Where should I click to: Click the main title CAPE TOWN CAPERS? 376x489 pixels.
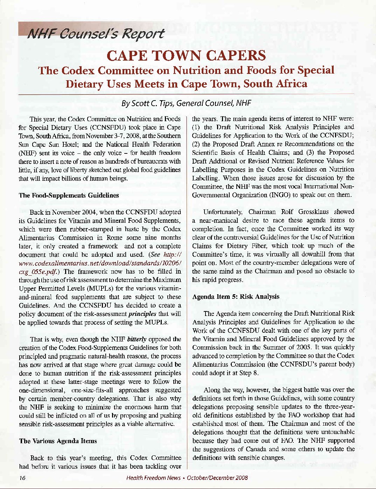(x=186, y=56)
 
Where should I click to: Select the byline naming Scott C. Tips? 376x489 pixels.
(x=186, y=103)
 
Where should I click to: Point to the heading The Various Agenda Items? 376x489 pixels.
(x=58, y=441)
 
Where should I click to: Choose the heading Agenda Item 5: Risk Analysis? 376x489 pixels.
(x=236, y=296)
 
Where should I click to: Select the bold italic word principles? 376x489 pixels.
(x=142, y=314)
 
